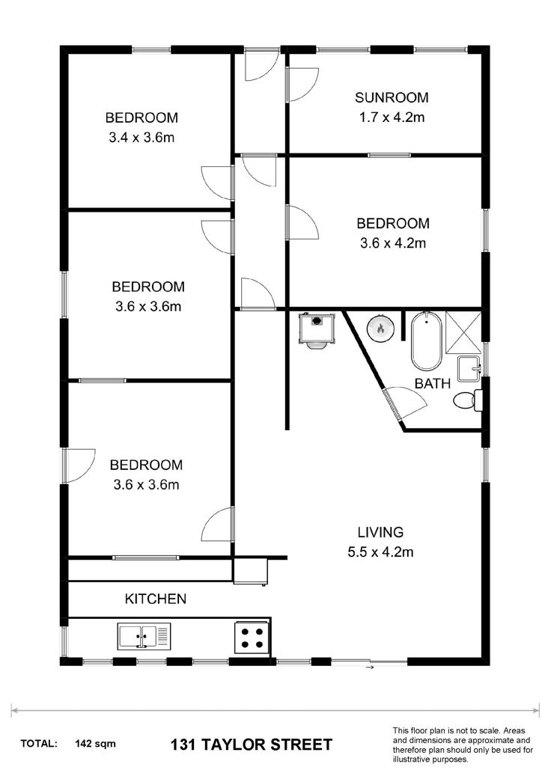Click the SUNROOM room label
pos(392,97)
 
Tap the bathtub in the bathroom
pos(426,340)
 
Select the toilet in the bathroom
pos(468,400)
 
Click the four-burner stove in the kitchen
pos(252,638)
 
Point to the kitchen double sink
pos(144,636)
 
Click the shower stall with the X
pos(463,332)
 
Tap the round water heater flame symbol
pos(380,329)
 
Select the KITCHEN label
pos(156,599)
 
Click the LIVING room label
pos(380,532)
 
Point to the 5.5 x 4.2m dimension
pos(380,552)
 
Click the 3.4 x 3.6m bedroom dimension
pos(141,138)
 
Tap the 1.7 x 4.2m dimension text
pos(392,117)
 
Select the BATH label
pos(432,384)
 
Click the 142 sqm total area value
pos(95,744)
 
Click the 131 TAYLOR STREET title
pos(252,745)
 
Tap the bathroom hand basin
pos(469,368)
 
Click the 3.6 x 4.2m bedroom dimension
pos(393,243)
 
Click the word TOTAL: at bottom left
pos(39,744)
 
